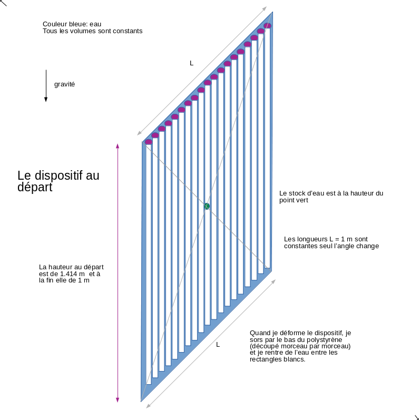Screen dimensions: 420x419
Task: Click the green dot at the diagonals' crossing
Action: [x=207, y=206]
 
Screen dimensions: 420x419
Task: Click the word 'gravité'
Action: [x=64, y=84]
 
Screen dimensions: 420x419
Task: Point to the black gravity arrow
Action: [x=46, y=85]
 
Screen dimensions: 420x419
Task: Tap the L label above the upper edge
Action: [x=191, y=63]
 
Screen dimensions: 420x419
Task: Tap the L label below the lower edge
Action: [x=218, y=344]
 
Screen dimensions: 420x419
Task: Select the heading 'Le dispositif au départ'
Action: [x=58, y=181]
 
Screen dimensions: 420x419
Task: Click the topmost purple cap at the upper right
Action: [x=267, y=26]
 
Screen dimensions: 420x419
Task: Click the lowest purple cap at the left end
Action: [x=149, y=142]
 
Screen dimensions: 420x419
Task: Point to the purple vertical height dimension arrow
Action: [x=118, y=272]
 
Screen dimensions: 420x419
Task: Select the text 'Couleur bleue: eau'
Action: [x=72, y=24]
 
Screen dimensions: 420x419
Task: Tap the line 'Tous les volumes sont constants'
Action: [x=92, y=31]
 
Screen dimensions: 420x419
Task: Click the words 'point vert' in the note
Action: [x=293, y=200]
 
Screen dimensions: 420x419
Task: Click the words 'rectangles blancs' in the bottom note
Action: [x=277, y=359]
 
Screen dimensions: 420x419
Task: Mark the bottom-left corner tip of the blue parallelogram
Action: [x=141, y=401]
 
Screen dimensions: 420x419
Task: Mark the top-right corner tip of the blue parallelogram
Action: [x=272, y=12]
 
